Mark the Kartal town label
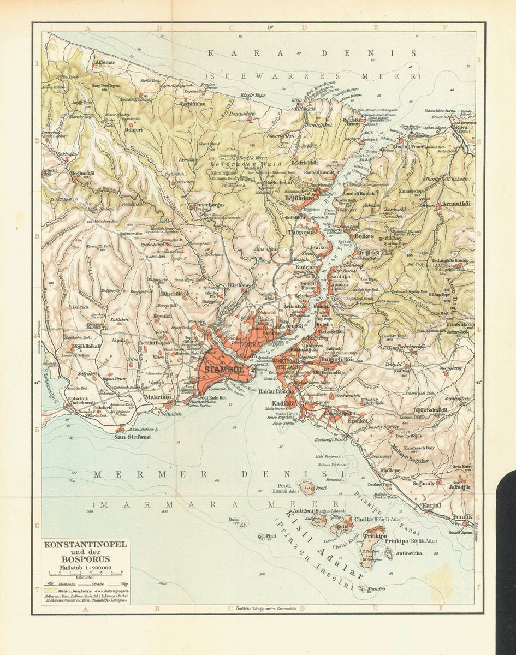click(431, 505)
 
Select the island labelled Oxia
click(234, 519)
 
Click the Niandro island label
click(376, 589)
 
